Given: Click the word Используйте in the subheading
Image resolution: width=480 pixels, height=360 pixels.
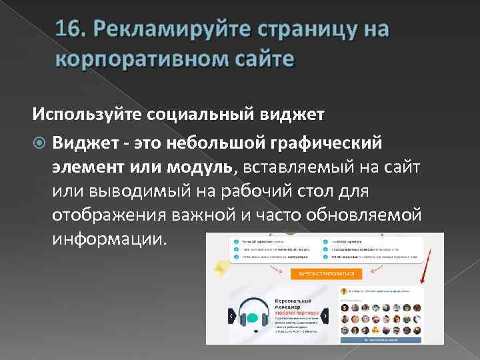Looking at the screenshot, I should point(87,114).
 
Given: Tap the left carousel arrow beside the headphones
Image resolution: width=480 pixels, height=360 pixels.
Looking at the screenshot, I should point(231,315).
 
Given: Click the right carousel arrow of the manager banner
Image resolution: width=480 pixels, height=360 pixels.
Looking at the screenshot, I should point(324,315).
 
